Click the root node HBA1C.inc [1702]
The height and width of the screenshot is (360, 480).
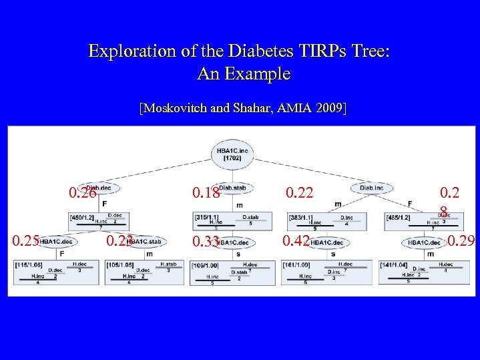[232, 153]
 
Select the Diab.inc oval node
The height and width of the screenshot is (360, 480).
[371, 188]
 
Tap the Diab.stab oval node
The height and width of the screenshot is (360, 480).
[232, 188]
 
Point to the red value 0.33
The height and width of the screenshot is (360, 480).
[206, 241]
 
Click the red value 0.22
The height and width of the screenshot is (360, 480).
[300, 193]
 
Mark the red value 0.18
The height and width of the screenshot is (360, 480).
[206, 193]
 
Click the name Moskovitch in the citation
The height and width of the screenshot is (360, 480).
[176, 107]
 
